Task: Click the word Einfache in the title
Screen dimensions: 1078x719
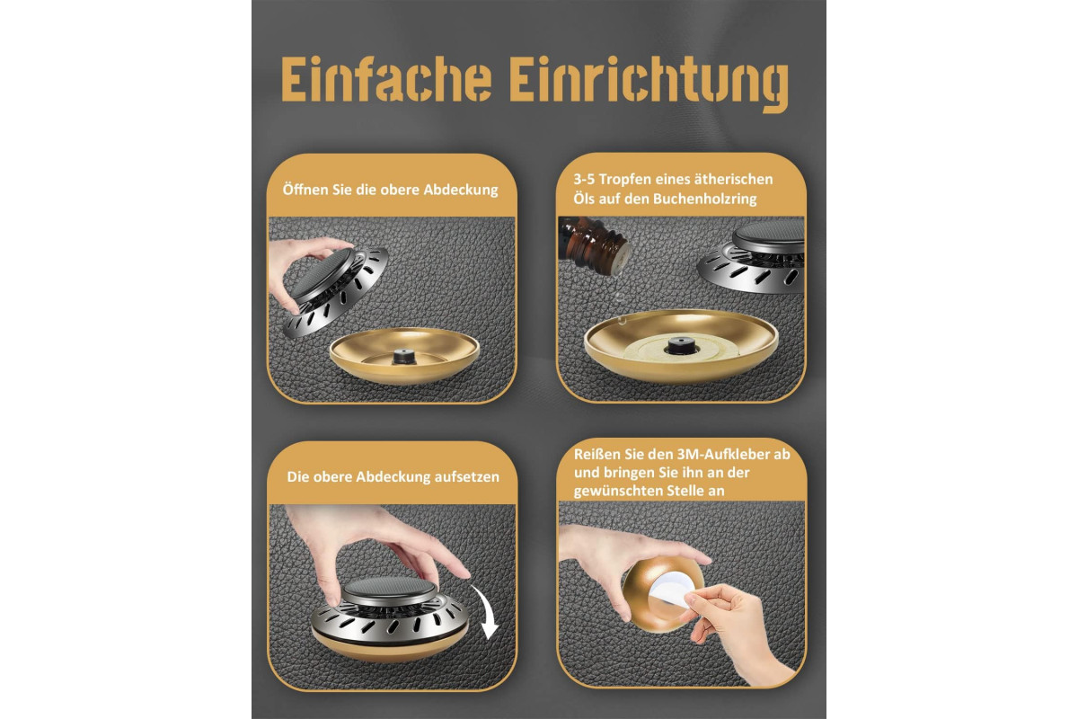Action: (386, 78)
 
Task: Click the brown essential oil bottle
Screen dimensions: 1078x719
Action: (596, 245)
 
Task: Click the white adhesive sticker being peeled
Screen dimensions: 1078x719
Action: (672, 593)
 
